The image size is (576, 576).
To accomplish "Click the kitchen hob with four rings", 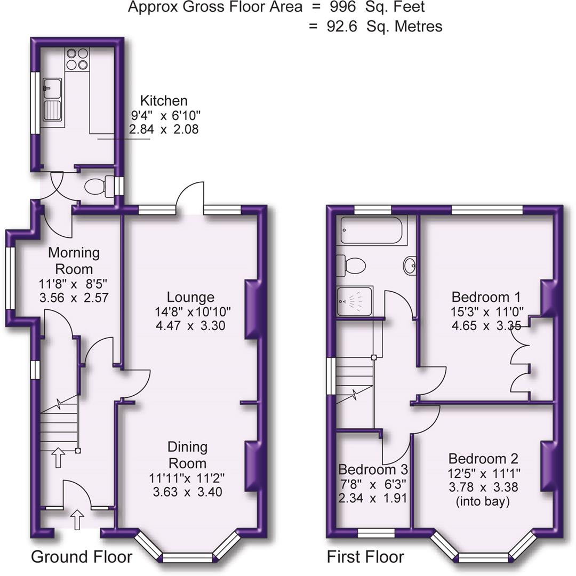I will point(76,59).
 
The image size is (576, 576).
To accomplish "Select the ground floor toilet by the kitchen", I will point(99,187).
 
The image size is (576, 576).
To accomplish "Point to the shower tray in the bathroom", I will point(354,302).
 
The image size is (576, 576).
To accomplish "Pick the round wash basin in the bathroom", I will point(410,266).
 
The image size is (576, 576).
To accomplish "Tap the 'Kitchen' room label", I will point(164,101).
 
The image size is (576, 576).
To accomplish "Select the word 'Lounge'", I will point(190,297).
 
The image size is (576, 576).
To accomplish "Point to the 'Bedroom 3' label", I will point(373,470).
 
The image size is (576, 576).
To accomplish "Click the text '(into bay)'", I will point(483,501).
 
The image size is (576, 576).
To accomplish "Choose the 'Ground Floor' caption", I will point(82,557).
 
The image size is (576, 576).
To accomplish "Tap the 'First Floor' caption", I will point(365,557).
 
